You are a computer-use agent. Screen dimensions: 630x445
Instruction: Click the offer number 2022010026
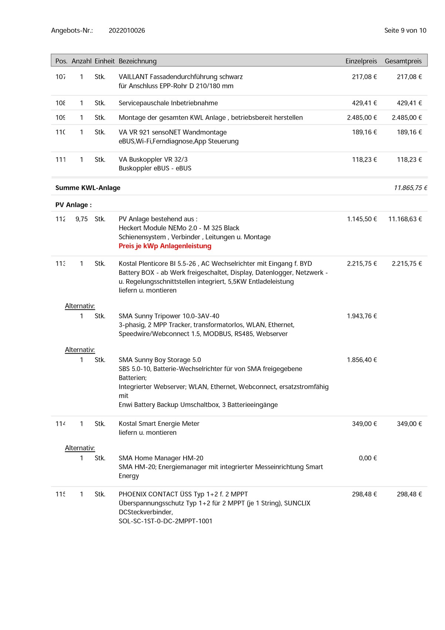point(127,30)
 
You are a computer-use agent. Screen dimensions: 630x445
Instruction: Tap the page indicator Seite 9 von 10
point(405,30)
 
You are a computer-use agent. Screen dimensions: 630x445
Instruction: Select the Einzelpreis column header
point(361,61)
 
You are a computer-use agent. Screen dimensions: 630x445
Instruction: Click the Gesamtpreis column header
point(403,61)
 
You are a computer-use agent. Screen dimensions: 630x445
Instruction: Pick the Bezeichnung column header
point(137,61)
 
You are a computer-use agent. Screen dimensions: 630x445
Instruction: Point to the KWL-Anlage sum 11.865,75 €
point(410,188)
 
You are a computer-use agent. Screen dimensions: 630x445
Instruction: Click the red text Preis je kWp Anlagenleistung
point(165,246)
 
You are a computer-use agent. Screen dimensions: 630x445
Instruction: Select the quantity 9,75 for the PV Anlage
point(81,219)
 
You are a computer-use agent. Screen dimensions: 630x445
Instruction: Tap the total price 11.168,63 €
point(405,219)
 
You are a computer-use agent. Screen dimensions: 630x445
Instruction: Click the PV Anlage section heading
point(73,205)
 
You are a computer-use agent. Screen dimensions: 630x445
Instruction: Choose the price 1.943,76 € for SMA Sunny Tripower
point(362,316)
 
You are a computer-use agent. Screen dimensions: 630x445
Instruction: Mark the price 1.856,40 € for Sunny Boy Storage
point(362,360)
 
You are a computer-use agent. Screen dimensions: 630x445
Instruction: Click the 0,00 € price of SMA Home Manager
point(368,458)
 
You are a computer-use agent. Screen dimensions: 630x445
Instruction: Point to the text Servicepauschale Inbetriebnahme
point(168,103)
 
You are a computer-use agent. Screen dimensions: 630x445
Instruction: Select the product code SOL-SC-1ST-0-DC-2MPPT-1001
point(165,521)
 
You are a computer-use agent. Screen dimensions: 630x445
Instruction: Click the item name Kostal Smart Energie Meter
point(159,424)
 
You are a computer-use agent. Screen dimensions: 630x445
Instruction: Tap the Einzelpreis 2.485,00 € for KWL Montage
point(362,117)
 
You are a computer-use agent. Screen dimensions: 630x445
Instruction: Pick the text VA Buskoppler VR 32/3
point(153,159)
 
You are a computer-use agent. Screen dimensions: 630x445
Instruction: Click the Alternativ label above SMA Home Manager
point(80,448)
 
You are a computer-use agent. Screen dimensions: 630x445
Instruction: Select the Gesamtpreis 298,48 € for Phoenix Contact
point(409,494)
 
